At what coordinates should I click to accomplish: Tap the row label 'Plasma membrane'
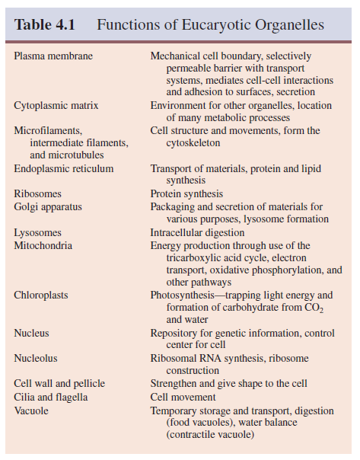pos(53,56)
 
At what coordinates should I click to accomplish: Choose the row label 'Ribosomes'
pos(38,193)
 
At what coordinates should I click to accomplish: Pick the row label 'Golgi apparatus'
pos(48,206)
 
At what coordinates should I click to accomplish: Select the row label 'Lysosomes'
pos(38,232)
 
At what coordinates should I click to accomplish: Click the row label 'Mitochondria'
pos(43,244)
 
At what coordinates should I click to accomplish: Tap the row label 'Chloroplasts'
pos(41,295)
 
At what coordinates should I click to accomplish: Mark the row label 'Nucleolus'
pos(36,357)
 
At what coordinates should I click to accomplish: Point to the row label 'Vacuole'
pos(32,410)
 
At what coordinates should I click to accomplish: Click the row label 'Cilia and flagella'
pos(51,397)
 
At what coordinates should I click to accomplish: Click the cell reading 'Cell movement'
pos(183,397)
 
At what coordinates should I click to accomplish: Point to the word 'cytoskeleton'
pos(193,142)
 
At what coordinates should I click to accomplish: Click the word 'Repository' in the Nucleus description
pos(175,332)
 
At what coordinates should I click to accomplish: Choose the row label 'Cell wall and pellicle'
pos(59,383)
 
